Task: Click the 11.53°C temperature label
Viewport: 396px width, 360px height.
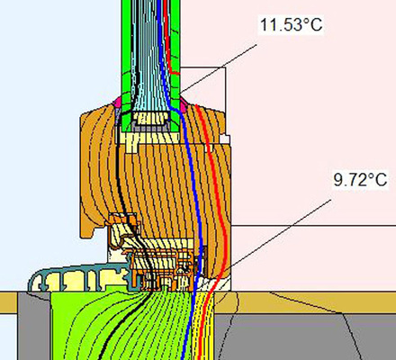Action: click(x=290, y=24)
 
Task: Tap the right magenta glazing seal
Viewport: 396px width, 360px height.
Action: click(x=182, y=106)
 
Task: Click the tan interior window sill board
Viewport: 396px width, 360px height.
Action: click(x=306, y=300)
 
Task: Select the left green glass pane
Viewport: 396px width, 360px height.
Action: click(x=125, y=45)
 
